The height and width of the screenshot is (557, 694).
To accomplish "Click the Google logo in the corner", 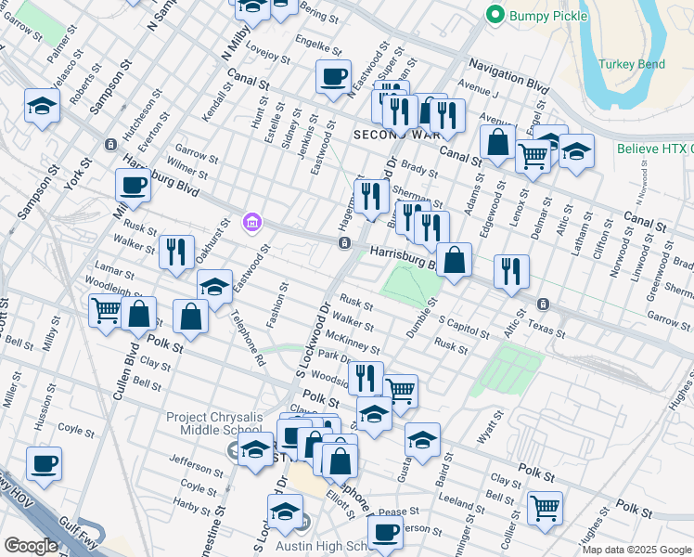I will pos(30,546).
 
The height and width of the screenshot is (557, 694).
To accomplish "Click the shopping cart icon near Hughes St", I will pos(544,508).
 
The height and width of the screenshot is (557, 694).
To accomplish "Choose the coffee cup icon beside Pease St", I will pos(385,533).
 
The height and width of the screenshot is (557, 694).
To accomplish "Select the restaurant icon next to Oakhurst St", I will pos(175,251).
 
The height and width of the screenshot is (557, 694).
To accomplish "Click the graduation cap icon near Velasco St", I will pos(42,107).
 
